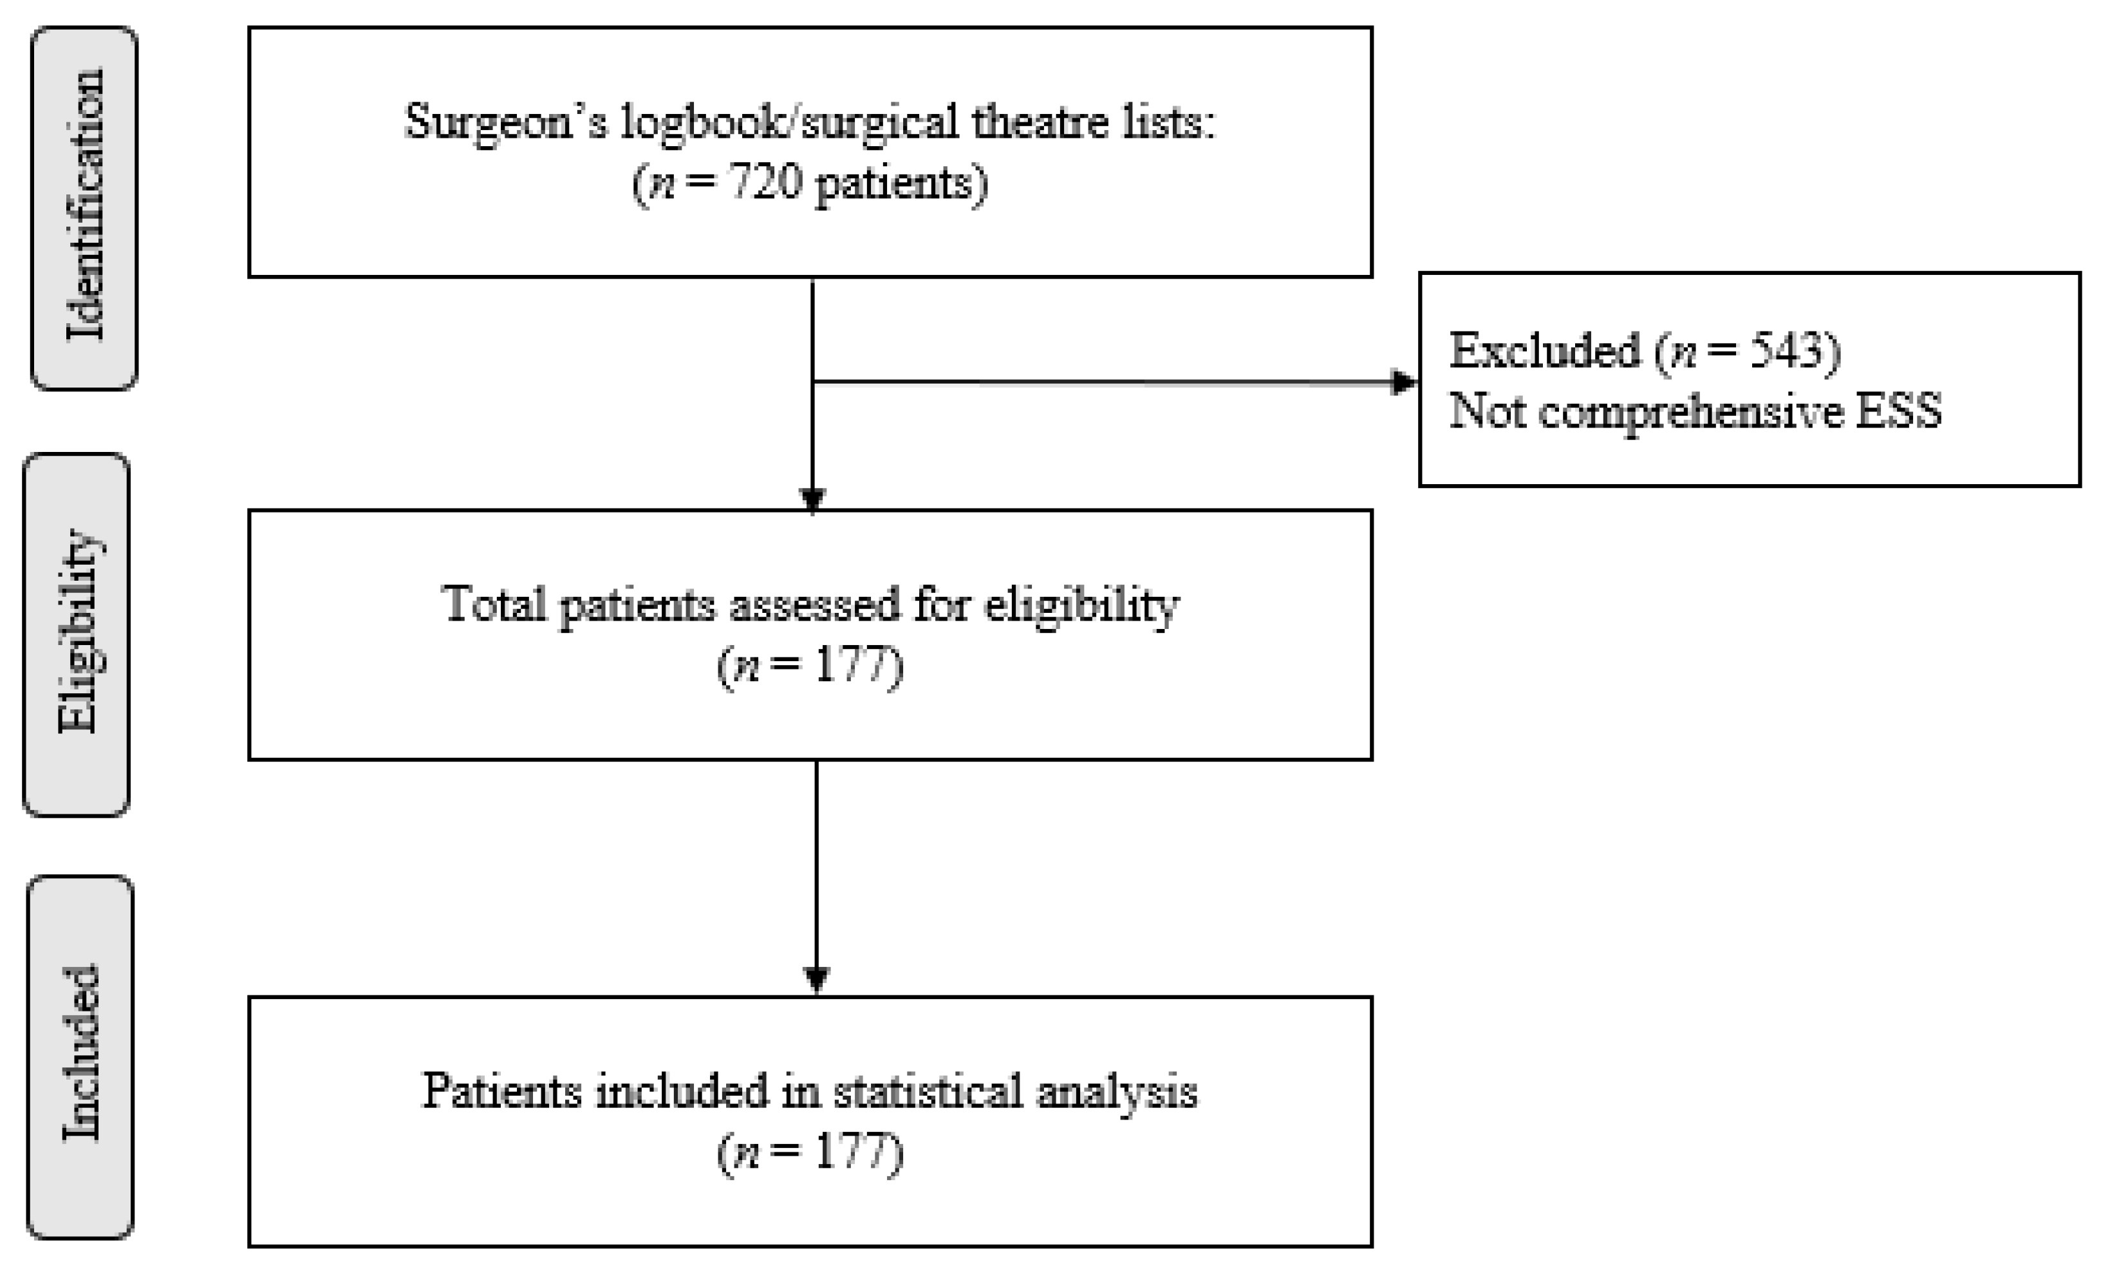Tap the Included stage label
81,1055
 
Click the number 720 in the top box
765,182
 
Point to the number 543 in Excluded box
1786,350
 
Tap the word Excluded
1544,350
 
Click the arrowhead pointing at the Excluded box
1403,382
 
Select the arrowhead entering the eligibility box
812,499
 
